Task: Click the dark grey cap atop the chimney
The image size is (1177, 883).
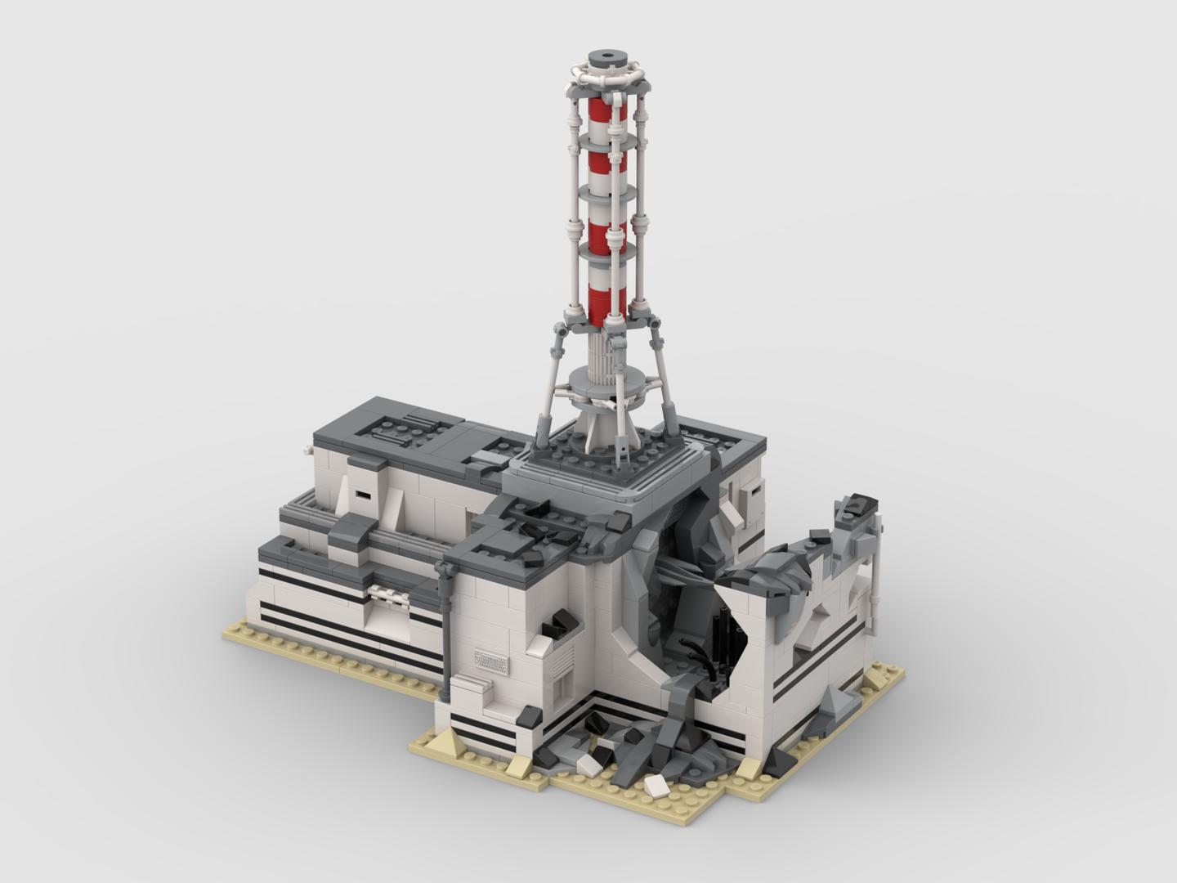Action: click(607, 58)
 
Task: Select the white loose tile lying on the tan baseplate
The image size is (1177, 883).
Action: click(656, 786)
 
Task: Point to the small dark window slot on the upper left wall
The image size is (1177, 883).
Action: click(360, 495)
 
